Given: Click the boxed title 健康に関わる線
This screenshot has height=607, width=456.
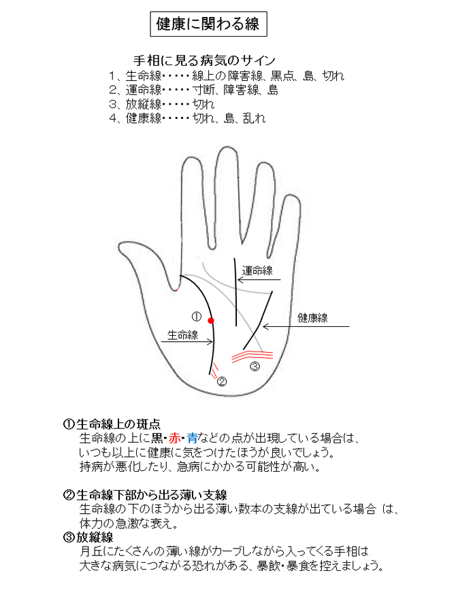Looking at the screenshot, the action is [x=208, y=24].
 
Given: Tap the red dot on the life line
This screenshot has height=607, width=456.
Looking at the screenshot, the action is [x=211, y=321].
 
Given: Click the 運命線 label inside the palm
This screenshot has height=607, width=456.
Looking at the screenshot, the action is [x=257, y=271].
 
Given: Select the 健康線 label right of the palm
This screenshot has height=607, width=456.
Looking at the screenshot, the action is [x=312, y=318].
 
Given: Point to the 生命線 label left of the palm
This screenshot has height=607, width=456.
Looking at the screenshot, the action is [x=182, y=335].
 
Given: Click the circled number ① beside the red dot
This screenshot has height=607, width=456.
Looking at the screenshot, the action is [x=197, y=317].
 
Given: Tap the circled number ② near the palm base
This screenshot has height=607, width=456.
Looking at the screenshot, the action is [x=222, y=382].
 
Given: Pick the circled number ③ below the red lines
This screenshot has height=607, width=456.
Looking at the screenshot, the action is [x=255, y=366].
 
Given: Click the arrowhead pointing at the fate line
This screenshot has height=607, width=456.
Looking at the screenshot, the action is [x=240, y=279].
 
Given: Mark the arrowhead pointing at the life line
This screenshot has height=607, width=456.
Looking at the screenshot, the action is [x=210, y=341].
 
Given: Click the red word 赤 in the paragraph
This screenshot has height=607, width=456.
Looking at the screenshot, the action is [x=174, y=438].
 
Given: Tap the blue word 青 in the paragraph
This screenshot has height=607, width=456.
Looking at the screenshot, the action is [x=193, y=438].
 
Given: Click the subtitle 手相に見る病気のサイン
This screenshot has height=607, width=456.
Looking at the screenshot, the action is [x=204, y=60].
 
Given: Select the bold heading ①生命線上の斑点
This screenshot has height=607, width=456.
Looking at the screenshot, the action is [x=112, y=424].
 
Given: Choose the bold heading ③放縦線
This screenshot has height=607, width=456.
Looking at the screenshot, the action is [x=88, y=537].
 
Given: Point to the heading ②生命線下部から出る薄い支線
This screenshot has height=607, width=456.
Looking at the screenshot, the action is [x=145, y=495].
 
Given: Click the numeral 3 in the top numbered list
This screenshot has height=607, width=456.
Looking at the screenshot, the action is [x=112, y=104].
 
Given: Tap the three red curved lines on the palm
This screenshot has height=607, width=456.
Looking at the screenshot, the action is [x=253, y=356].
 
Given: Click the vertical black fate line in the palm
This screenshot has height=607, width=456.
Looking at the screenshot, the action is [x=235, y=292].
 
